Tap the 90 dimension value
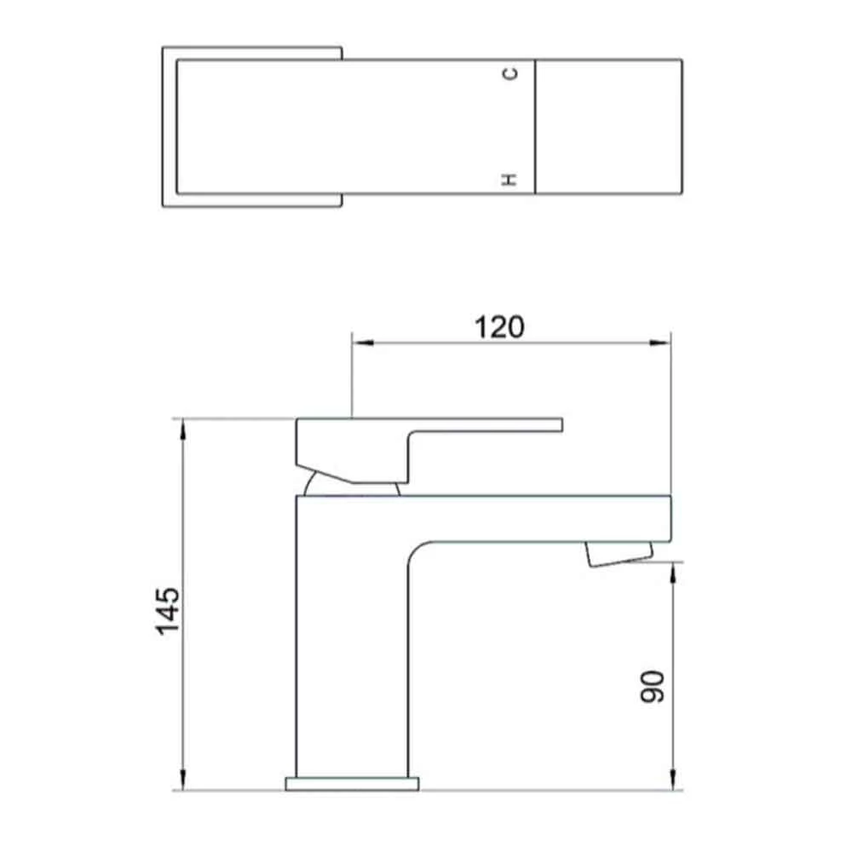(x=652, y=687)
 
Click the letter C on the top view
(x=510, y=74)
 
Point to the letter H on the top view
(x=510, y=179)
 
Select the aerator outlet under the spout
(x=618, y=555)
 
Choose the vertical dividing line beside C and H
(x=535, y=126)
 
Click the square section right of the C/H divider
(x=608, y=126)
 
